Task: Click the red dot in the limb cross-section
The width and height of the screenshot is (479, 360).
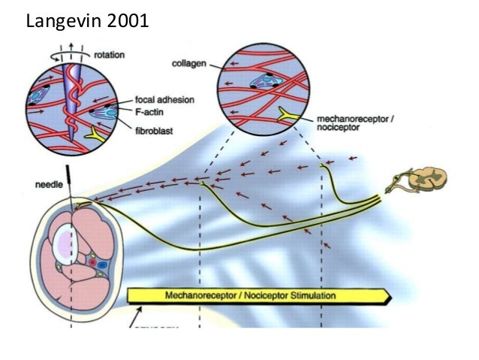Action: click(92, 265)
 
